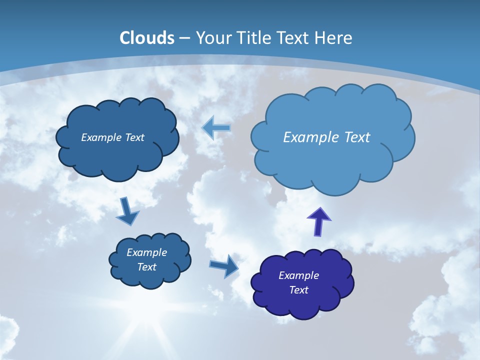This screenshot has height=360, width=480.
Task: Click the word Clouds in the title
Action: pos(147,38)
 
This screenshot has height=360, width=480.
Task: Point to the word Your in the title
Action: pos(213,38)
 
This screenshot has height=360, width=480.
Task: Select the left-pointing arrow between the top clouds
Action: pos(216,128)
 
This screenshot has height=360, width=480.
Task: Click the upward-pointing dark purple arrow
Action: pos(318,221)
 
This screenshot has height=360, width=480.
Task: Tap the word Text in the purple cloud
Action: pos(298,290)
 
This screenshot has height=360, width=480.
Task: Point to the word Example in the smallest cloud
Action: pos(146,252)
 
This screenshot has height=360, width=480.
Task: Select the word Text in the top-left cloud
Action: pos(134,137)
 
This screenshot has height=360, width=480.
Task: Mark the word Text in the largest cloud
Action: pos(356,137)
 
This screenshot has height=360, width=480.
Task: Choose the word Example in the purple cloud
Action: pos(298,275)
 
